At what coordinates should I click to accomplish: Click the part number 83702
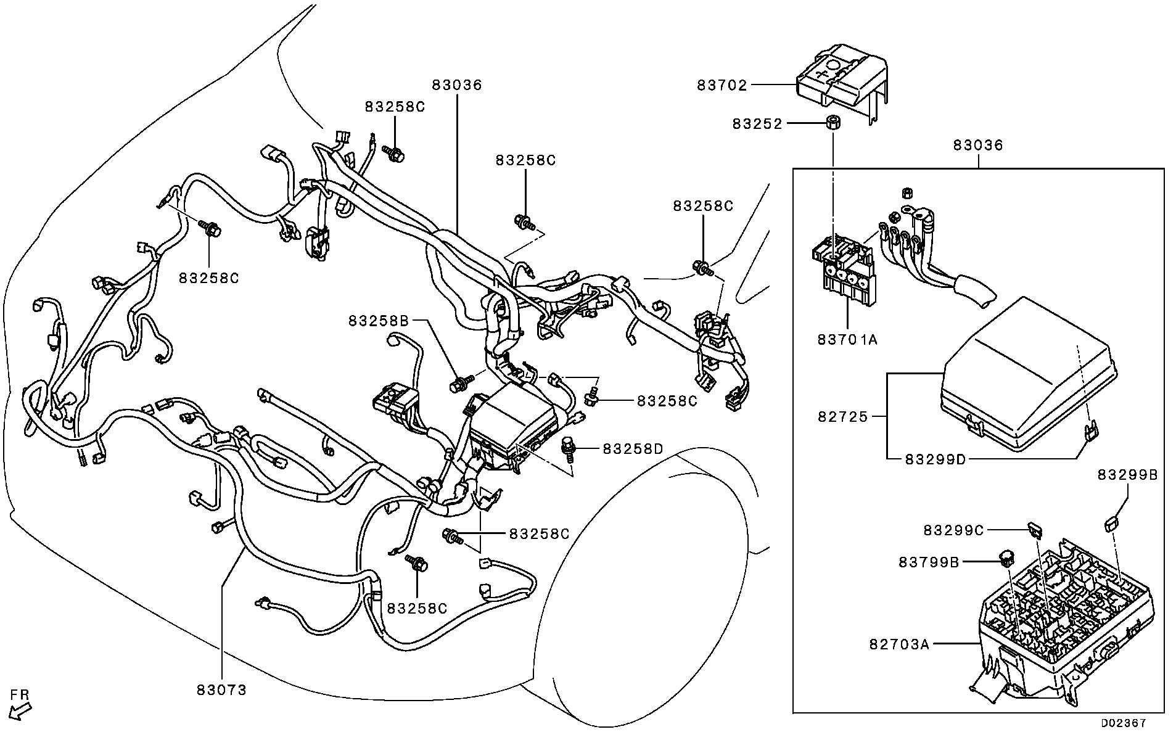click(x=722, y=85)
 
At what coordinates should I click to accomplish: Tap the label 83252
click(x=757, y=124)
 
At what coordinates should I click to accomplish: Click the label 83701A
click(x=847, y=339)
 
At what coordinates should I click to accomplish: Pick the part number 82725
click(x=842, y=417)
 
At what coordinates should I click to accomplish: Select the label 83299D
click(x=935, y=459)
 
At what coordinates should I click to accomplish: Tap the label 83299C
click(x=953, y=530)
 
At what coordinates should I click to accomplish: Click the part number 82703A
click(x=899, y=644)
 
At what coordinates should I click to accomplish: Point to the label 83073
click(x=221, y=690)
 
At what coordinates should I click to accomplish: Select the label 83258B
click(x=379, y=321)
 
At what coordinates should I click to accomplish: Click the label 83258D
click(x=633, y=449)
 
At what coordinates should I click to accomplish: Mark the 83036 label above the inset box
click(x=978, y=146)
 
